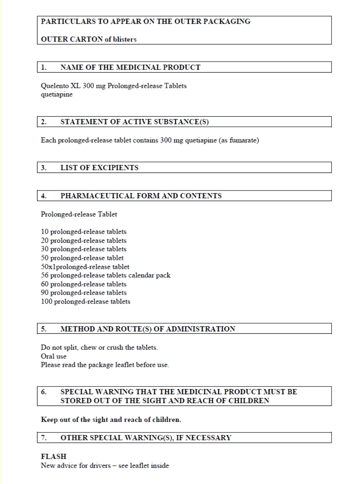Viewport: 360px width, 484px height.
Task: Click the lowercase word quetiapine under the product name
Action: coord(57,94)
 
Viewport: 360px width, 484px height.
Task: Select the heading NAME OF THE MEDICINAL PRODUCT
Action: coord(130,67)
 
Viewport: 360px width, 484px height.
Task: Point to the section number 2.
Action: coord(44,122)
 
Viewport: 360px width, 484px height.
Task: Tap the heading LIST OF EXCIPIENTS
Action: coord(100,168)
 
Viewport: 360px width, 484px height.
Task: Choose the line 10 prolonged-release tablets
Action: coord(84,232)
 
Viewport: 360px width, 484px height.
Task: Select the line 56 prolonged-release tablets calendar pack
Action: coord(105,276)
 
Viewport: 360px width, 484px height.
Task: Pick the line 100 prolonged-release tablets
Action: coord(86,302)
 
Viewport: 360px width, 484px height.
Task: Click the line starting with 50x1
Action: coord(85,267)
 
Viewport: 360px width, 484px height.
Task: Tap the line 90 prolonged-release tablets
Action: coord(84,293)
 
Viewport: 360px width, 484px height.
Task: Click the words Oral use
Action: coord(53,356)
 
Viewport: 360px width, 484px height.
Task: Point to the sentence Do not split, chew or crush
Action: coord(99,347)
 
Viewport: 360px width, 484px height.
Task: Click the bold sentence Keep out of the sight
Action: coord(111,420)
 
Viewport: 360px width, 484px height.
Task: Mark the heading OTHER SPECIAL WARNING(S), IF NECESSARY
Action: coord(146,438)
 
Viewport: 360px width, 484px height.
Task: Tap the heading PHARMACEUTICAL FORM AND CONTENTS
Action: coord(141,196)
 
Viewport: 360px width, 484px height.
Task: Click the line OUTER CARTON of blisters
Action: coord(89,39)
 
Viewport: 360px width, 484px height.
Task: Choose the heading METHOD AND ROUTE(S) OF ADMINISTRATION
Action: coord(148,329)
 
